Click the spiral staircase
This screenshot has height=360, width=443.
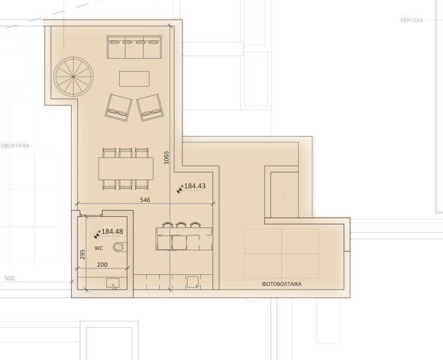73,77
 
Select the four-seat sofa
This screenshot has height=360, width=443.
134,47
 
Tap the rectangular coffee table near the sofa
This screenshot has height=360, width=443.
134,79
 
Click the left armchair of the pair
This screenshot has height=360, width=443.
119,107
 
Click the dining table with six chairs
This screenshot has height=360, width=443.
126,168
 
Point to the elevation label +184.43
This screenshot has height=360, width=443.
193,186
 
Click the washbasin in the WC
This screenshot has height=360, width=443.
112,284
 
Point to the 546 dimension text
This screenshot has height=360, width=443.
146,200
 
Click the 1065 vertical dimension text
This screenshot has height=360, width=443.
167,157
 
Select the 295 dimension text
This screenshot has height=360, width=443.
83,254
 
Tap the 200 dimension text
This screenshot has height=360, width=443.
102,265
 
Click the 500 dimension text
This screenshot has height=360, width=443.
9,278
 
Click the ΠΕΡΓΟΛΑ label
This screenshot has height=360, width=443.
411,20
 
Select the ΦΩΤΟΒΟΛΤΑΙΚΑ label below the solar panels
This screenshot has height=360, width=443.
282,284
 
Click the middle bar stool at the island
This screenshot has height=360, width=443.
181,226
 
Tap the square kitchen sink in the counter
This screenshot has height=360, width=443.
192,282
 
